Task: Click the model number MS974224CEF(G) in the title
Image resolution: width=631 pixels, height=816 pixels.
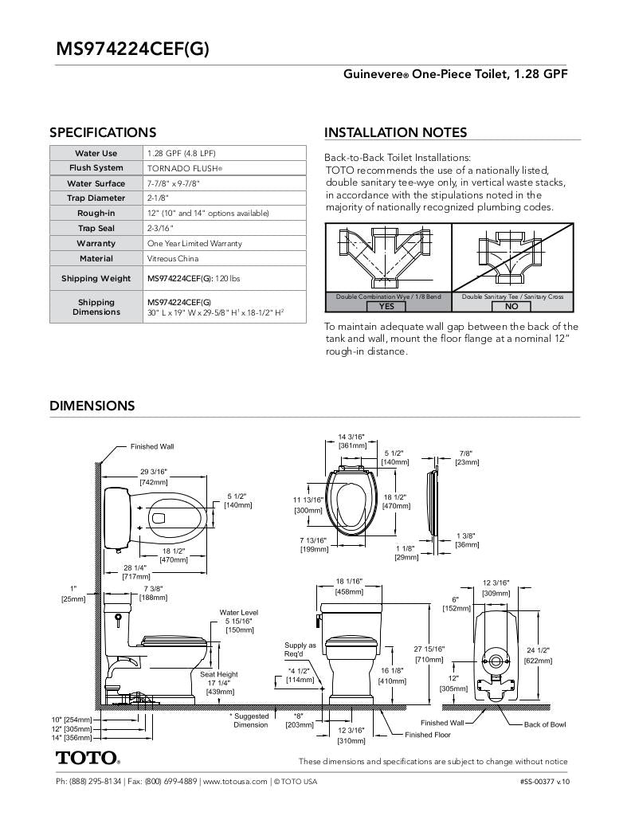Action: point(132,49)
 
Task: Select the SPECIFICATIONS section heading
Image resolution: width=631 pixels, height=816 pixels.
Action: point(103,132)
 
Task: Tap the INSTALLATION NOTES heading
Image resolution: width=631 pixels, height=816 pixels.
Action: point(395,132)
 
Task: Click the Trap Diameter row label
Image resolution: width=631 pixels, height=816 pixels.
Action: point(96,198)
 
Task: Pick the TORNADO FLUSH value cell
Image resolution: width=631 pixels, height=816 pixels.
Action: point(185,168)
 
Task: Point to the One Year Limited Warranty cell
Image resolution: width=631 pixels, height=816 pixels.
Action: point(194,243)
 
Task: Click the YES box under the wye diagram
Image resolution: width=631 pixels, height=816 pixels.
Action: point(386,306)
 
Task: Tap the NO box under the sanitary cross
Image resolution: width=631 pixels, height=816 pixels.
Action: point(511,306)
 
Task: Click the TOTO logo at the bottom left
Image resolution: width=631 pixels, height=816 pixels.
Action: point(87,757)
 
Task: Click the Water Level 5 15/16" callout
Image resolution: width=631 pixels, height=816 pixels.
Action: point(238,621)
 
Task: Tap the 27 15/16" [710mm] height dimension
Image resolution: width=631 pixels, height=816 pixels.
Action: point(429,654)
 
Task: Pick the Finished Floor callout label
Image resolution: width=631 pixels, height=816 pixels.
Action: point(427,735)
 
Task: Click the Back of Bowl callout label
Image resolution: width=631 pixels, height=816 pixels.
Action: point(545,724)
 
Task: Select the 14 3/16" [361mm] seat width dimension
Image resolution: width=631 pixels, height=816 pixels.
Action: point(351,441)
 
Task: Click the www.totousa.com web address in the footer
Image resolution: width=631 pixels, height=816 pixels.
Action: point(234,782)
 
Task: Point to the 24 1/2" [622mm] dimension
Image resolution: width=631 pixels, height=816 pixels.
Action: point(538,655)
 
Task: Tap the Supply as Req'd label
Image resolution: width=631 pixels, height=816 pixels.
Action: point(300,649)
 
